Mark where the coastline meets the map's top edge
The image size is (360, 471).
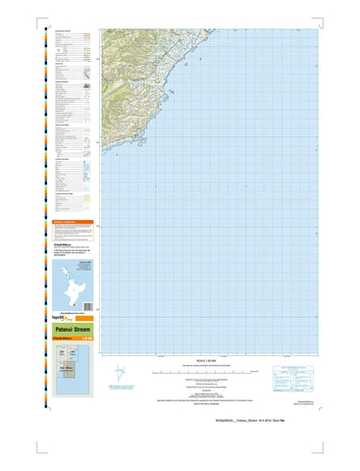(x=210, y=27)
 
